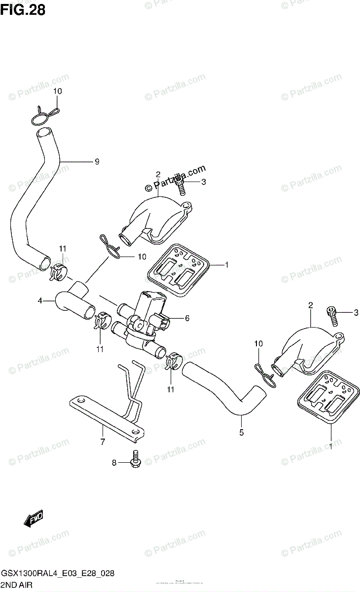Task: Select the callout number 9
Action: coord(97,161)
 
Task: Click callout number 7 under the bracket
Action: coord(103,442)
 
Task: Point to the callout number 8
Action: coord(114,463)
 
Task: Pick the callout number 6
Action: coord(187,318)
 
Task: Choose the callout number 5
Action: coord(241,433)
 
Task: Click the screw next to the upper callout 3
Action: coord(180,186)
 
